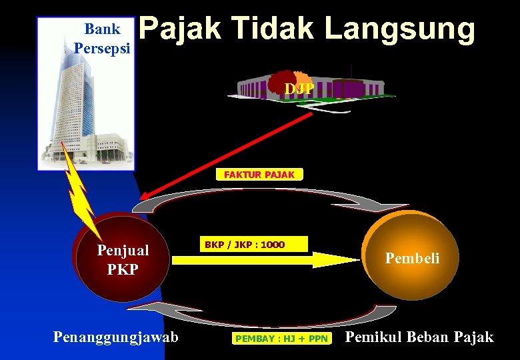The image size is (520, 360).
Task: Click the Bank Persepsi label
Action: coord(103,39)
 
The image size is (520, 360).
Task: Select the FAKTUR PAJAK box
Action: coord(259,175)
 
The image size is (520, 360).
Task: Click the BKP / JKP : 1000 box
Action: coord(245,245)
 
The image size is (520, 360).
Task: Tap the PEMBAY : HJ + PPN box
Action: coord(281,339)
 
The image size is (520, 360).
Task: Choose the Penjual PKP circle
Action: coord(123,259)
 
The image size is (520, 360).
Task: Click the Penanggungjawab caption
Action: coord(116,337)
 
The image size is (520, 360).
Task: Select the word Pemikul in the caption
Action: coord(371,337)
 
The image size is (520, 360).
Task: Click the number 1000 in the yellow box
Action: coord(273,245)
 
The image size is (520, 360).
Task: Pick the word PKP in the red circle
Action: coord(123,269)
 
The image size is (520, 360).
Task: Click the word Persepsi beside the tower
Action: coord(103,48)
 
